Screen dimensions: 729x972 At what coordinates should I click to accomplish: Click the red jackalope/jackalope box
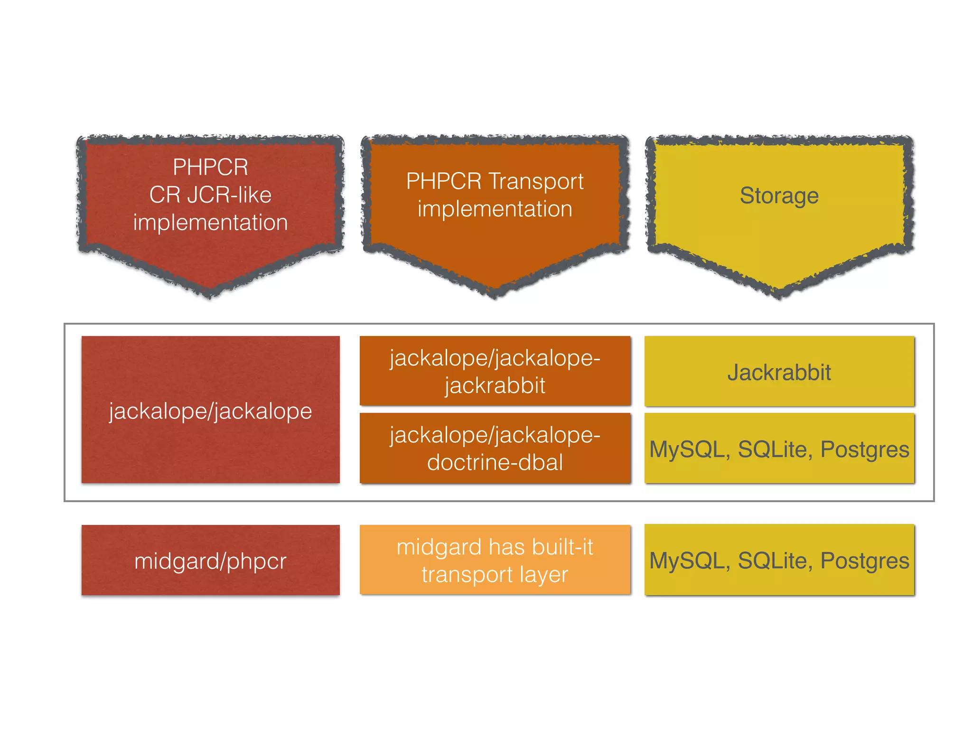pyautogui.click(x=210, y=410)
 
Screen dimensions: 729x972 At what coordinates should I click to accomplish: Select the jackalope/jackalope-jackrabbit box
pyautogui.click(x=495, y=371)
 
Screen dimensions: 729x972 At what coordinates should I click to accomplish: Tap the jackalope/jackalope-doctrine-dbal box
pyautogui.click(x=495, y=448)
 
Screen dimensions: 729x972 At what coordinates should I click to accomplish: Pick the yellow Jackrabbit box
pyautogui.click(x=779, y=371)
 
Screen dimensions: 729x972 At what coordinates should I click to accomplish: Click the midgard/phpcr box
pyautogui.click(x=210, y=560)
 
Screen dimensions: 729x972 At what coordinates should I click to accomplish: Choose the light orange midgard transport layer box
pyautogui.click(x=495, y=560)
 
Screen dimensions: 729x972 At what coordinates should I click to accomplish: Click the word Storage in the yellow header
pyautogui.click(x=779, y=196)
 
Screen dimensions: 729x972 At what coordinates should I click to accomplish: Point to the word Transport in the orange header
pyautogui.click(x=536, y=181)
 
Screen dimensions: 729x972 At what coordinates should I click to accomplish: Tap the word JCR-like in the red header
pyautogui.click(x=229, y=195)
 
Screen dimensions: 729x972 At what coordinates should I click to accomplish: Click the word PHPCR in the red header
pyautogui.click(x=210, y=167)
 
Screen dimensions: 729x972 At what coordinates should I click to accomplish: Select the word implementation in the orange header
pyautogui.click(x=495, y=209)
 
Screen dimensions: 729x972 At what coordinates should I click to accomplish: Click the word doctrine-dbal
pyautogui.click(x=495, y=462)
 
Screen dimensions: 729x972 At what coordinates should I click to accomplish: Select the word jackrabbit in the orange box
pyautogui.click(x=495, y=385)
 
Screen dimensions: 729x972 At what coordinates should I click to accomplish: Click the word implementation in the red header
pyautogui.click(x=210, y=223)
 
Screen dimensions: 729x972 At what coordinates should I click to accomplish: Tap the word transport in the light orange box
pyautogui.click(x=467, y=575)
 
